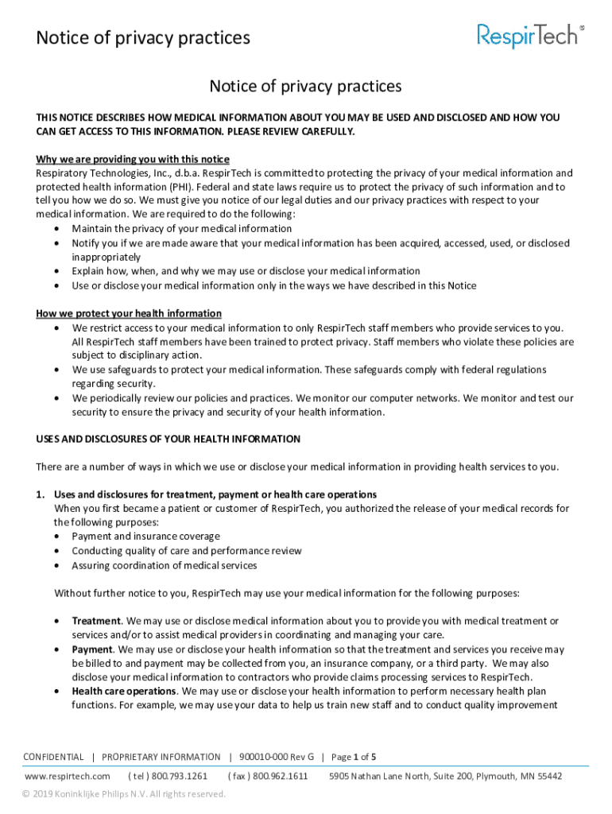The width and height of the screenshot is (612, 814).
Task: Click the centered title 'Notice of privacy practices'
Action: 305,86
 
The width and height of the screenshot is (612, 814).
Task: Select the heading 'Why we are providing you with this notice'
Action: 133,159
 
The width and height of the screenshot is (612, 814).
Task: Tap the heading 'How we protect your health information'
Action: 129,313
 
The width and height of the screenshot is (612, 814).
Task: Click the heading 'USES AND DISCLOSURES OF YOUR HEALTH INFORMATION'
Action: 168,439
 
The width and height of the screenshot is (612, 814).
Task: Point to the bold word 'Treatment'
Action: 96,621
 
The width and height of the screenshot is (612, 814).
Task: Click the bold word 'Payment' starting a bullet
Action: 92,649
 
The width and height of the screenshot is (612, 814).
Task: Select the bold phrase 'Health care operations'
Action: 123,692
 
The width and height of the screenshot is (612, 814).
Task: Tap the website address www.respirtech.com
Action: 68,776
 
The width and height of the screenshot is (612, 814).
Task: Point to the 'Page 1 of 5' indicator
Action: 354,757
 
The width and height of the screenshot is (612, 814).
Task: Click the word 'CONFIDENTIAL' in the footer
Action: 53,757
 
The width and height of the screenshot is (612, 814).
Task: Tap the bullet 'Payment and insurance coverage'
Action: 146,537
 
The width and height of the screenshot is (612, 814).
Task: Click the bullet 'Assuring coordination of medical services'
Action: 165,565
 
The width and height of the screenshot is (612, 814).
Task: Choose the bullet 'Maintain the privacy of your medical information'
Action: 182,229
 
